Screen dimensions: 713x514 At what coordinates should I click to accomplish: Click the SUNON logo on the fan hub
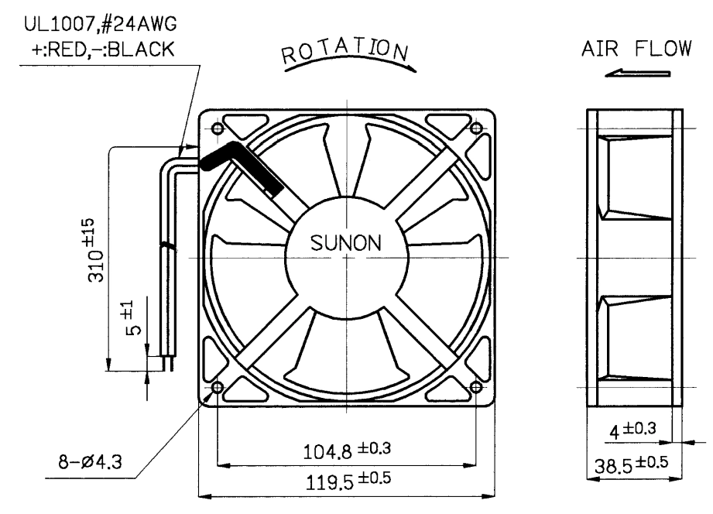point(345,243)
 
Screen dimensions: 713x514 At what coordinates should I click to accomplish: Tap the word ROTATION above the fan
point(345,50)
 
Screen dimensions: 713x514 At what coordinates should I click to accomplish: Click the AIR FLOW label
point(636,49)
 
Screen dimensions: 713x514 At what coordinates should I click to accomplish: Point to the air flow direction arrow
point(637,73)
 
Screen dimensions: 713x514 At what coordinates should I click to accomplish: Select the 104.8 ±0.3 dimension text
point(347,451)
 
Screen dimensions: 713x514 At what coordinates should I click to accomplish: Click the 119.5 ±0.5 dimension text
point(348,481)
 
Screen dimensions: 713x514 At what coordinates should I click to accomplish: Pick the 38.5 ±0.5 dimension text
point(632,464)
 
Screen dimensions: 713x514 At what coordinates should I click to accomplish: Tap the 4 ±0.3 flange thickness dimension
point(632,430)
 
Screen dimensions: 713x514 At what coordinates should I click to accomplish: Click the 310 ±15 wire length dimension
point(96,250)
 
